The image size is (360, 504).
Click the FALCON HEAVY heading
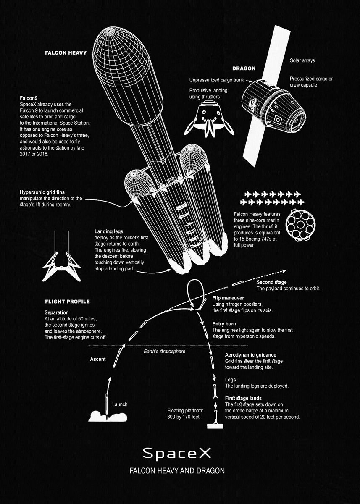pos(66,53)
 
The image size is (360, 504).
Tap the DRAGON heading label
pos(244,68)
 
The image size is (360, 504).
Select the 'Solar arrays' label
pos(302,60)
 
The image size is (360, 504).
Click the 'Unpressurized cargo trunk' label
pos(216,80)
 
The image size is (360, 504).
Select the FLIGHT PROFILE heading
pos(67,302)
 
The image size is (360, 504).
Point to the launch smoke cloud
pos(107,416)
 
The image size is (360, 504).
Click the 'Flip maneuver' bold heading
pos(228,298)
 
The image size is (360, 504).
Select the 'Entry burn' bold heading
pos(224,324)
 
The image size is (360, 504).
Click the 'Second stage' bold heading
pos(271,282)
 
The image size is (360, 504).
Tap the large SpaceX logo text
pos(176,453)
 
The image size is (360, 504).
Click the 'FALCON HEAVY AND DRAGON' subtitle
pos(177,471)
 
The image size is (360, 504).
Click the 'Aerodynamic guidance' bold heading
pos(250,355)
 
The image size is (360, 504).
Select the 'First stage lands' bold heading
pos(243,398)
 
